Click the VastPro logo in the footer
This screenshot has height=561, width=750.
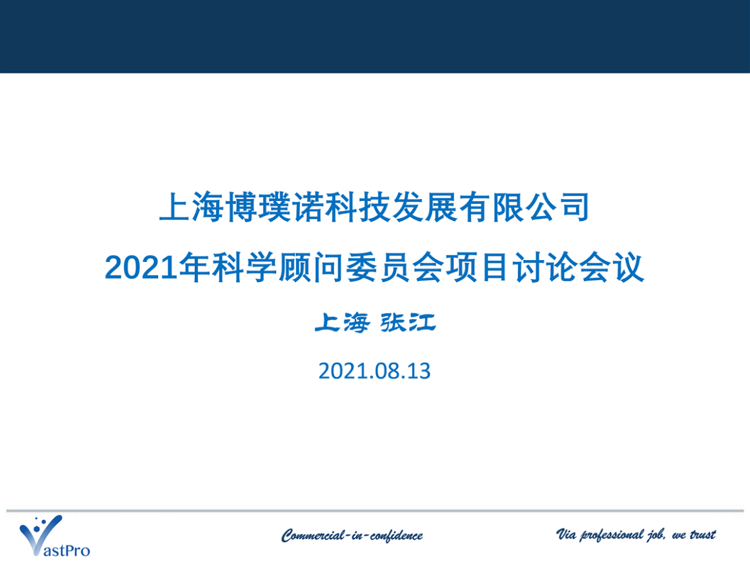(54, 536)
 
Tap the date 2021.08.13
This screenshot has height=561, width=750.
(374, 371)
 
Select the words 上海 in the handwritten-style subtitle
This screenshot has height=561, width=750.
(342, 322)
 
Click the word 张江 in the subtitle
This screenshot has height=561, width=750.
(408, 322)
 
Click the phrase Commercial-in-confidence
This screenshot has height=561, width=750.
(352, 536)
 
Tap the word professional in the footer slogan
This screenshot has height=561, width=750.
(612, 534)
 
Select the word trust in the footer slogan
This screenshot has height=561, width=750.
(703, 534)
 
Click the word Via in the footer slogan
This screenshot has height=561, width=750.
(566, 533)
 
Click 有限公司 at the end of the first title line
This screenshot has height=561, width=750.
(525, 207)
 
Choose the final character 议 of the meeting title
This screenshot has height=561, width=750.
(628, 268)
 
